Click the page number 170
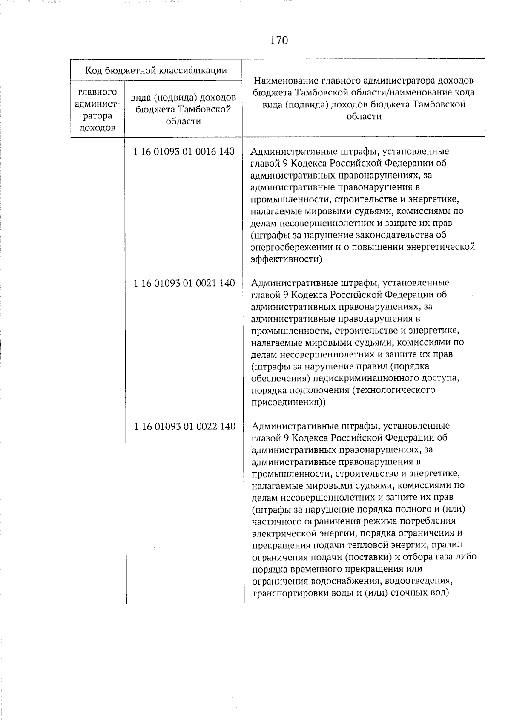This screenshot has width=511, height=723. click(279, 40)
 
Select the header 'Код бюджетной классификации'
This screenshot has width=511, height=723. click(156, 70)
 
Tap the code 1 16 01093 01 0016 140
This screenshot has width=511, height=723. click(184, 152)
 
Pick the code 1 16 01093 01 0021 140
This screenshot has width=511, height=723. click(184, 283)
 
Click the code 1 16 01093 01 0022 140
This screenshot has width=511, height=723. click(184, 426)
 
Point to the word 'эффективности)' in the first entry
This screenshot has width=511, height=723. click(286, 259)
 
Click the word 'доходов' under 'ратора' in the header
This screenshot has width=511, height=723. click(98, 127)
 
